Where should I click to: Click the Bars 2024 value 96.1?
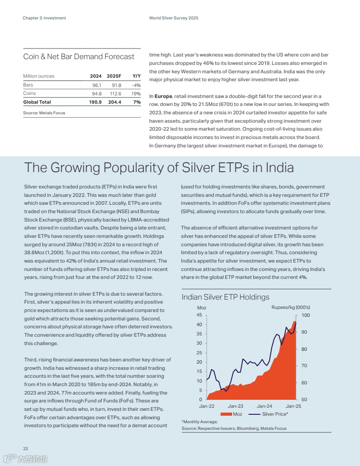pyautogui.click(x=97, y=85)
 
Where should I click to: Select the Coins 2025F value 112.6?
pyautogui.click(x=115, y=94)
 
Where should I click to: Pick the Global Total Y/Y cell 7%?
pyautogui.click(x=137, y=102)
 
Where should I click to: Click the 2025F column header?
pyautogui.click(x=114, y=76)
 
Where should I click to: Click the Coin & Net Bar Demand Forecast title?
pyautogui.click(x=79, y=56)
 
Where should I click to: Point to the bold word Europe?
pyautogui.click(x=163, y=96)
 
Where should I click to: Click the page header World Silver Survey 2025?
pyautogui.click(x=174, y=18)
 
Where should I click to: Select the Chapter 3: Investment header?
pyautogui.click(x=44, y=18)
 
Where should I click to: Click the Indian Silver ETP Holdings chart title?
pyautogui.click(x=225, y=297)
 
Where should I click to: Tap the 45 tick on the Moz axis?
pyautogui.click(x=199, y=315)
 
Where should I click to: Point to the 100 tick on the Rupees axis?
pyautogui.click(x=306, y=316)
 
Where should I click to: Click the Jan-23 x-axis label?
pyautogui.click(x=235, y=406)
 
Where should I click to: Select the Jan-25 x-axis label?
pyautogui.click(x=293, y=406)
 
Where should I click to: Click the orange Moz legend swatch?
pyautogui.click(x=226, y=414)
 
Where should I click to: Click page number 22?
pyautogui.click(x=26, y=448)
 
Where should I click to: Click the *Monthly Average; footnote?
pyautogui.click(x=197, y=422)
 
